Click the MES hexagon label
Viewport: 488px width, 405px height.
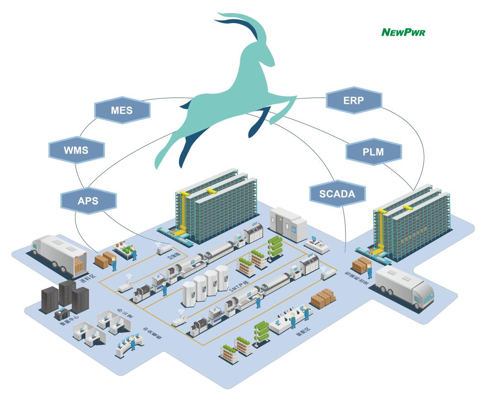pos(122,110)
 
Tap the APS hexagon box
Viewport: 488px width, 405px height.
pos(88,200)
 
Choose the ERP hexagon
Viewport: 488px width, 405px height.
pos(354,100)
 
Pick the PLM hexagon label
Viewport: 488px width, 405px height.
pos(373,152)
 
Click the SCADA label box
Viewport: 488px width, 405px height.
pos(338,194)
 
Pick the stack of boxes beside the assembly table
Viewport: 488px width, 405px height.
pos(324,298)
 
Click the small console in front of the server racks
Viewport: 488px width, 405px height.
pos(61,314)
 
